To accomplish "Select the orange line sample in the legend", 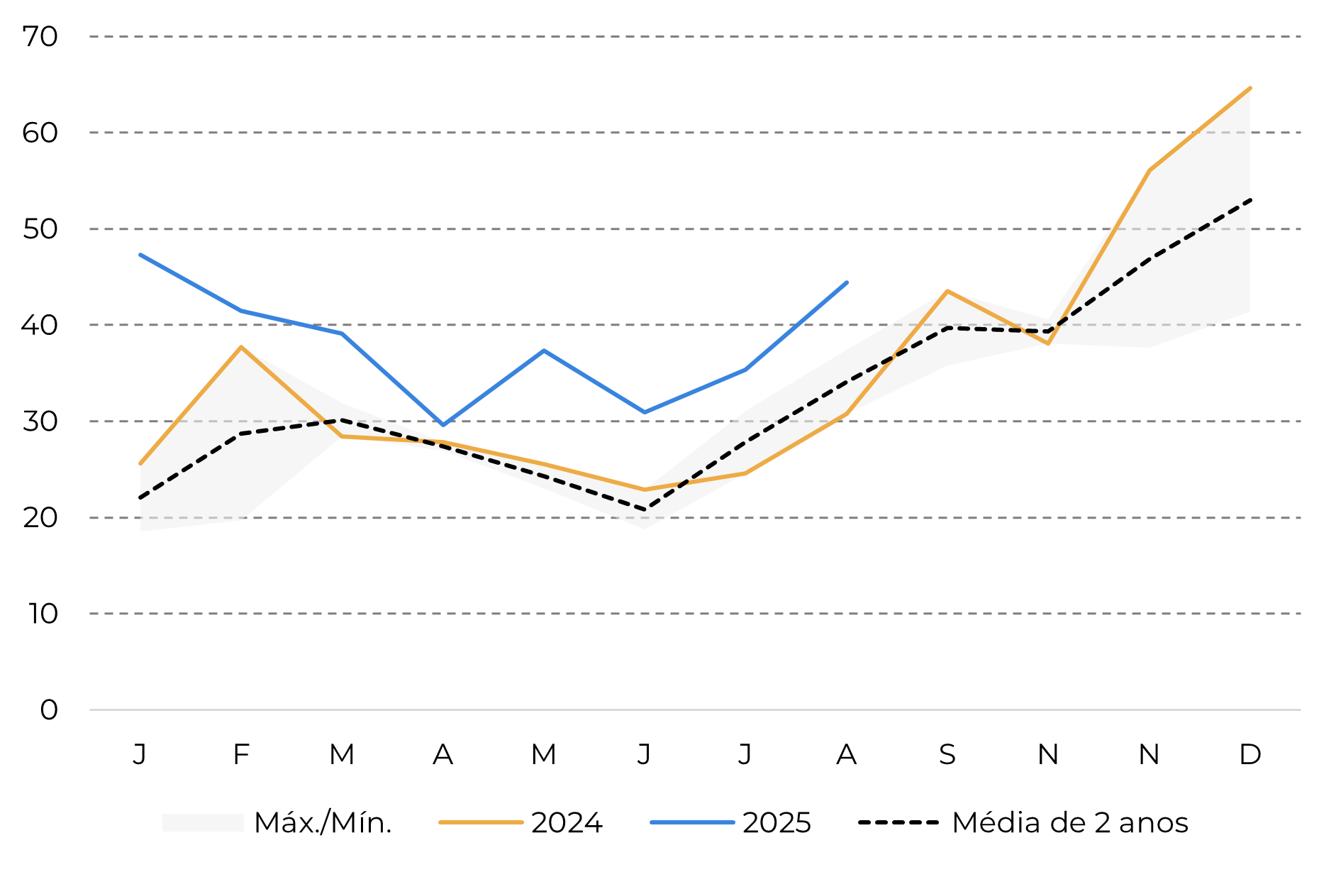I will tap(481, 822).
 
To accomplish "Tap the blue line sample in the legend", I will tap(692, 822).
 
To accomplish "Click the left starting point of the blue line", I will tap(141, 255).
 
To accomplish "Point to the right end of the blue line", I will tap(847, 282).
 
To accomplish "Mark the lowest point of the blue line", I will tap(443, 425).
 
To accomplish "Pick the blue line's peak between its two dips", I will tap(544, 351).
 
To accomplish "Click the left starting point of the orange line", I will tap(140, 463).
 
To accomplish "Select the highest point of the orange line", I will tap(1249, 89).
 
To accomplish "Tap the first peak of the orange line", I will tap(242, 347).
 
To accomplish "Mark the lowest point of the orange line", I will tap(645, 490).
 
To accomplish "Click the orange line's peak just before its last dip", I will tap(947, 291).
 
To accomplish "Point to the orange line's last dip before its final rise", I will tap(1047, 343).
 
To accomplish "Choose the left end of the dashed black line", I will tap(141, 498).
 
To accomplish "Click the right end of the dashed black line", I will tap(1249, 200).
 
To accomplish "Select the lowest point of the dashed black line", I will tap(645, 509).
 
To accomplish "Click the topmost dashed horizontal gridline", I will tap(695, 36).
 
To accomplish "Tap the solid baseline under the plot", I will tap(695, 710).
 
